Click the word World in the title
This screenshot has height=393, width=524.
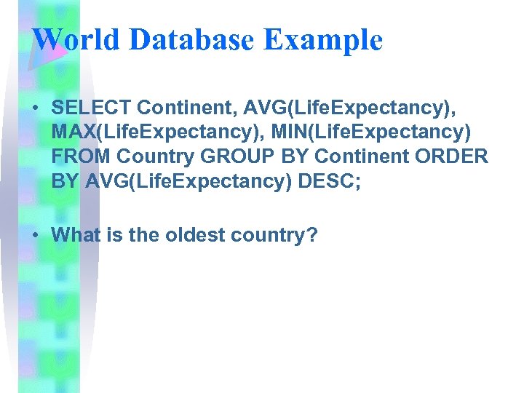coord(76,40)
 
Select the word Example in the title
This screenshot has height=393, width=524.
coord(323,40)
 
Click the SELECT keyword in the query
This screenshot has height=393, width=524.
coord(91,108)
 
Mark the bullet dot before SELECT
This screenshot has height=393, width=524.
coord(35,108)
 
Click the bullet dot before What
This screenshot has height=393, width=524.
coord(35,235)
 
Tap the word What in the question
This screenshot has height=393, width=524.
coord(76,234)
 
